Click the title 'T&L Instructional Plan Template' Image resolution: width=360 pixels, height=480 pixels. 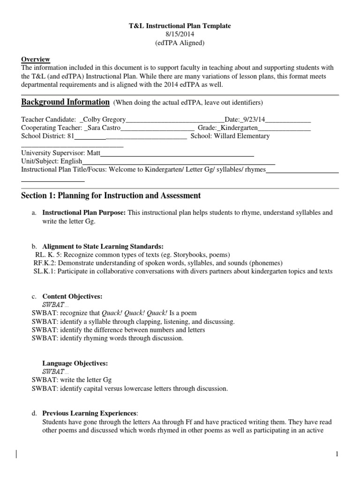tap(180, 26)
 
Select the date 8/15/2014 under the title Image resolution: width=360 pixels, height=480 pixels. tap(180, 35)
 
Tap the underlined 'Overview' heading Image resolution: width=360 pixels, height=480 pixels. tap(36, 59)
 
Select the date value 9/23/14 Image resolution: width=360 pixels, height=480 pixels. tap(252, 119)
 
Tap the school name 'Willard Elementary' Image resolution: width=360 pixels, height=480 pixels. tap(241, 136)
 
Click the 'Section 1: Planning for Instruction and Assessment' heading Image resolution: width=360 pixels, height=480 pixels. tap(111, 195)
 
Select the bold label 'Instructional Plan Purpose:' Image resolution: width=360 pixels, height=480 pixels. tap(84, 212)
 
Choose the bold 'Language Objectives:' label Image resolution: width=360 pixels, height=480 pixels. tap(75, 363)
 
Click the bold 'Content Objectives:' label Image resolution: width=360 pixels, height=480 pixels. tap(72, 296)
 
